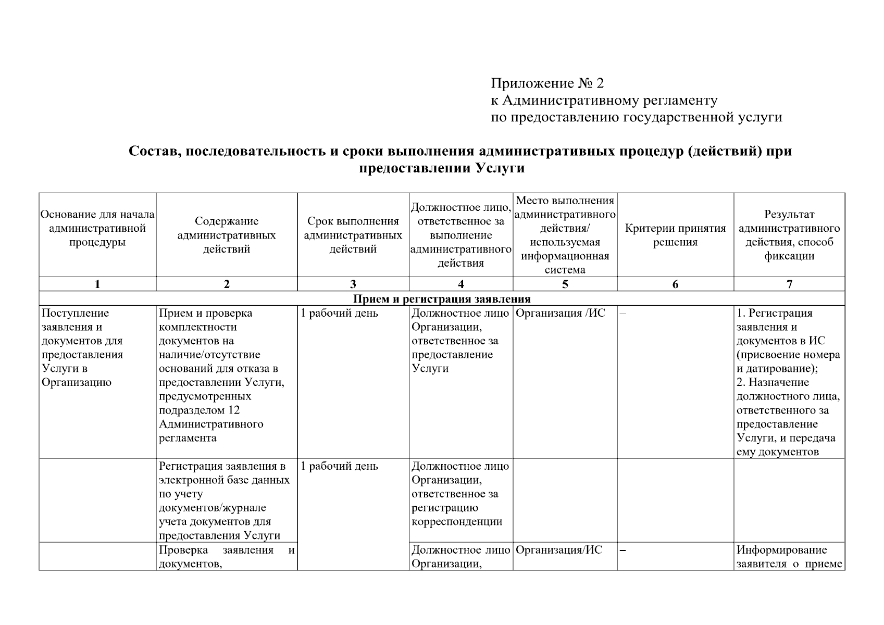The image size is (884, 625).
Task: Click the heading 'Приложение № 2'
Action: tap(547, 83)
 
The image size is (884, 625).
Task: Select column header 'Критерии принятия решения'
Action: tap(675, 235)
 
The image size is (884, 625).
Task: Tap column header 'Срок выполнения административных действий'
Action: tap(353, 235)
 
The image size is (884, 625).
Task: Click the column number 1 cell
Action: tap(97, 284)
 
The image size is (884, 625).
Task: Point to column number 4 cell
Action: tap(460, 284)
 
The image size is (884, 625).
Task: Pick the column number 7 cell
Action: tap(789, 284)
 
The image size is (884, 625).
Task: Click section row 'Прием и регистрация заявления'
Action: tap(441, 299)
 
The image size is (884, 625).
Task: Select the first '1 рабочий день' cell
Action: tap(340, 314)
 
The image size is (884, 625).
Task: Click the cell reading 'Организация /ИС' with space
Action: tap(561, 314)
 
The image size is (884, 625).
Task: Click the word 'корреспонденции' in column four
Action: tap(457, 522)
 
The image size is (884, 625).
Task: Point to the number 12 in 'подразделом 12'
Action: tap(233, 410)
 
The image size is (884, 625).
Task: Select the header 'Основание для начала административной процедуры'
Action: tap(97, 229)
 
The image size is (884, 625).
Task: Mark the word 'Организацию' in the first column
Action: tap(76, 383)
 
